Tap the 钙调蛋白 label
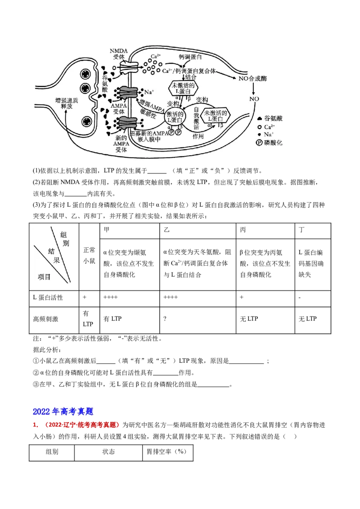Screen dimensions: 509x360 190,58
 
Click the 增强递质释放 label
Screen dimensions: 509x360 67,103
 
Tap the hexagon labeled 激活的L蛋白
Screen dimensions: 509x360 175,117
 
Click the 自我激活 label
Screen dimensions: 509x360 196,118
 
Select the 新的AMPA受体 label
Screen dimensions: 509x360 121,144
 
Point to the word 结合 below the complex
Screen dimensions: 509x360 191,77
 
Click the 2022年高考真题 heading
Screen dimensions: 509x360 63,411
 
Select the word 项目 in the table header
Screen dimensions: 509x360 44,277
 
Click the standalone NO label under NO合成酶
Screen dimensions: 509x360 254,99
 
